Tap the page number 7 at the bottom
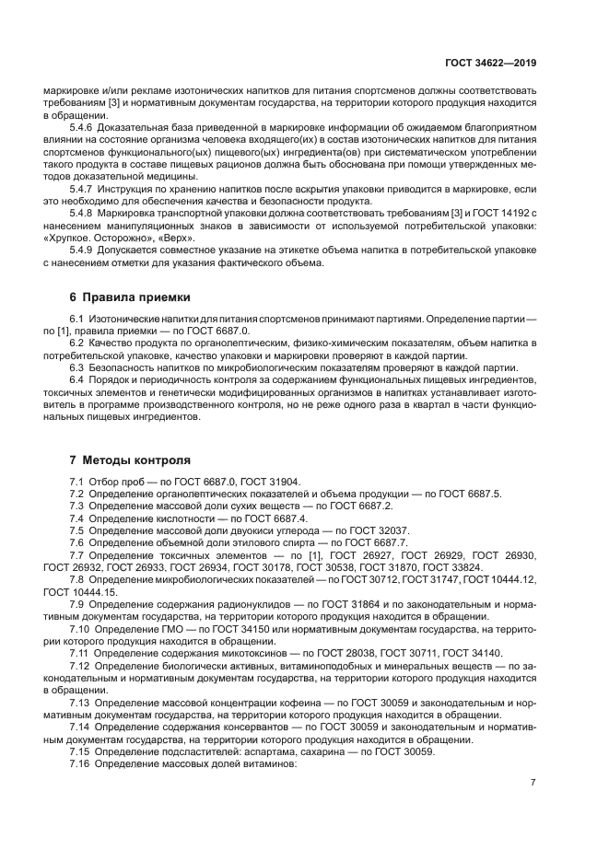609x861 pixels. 533,783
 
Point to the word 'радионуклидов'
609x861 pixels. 253,603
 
